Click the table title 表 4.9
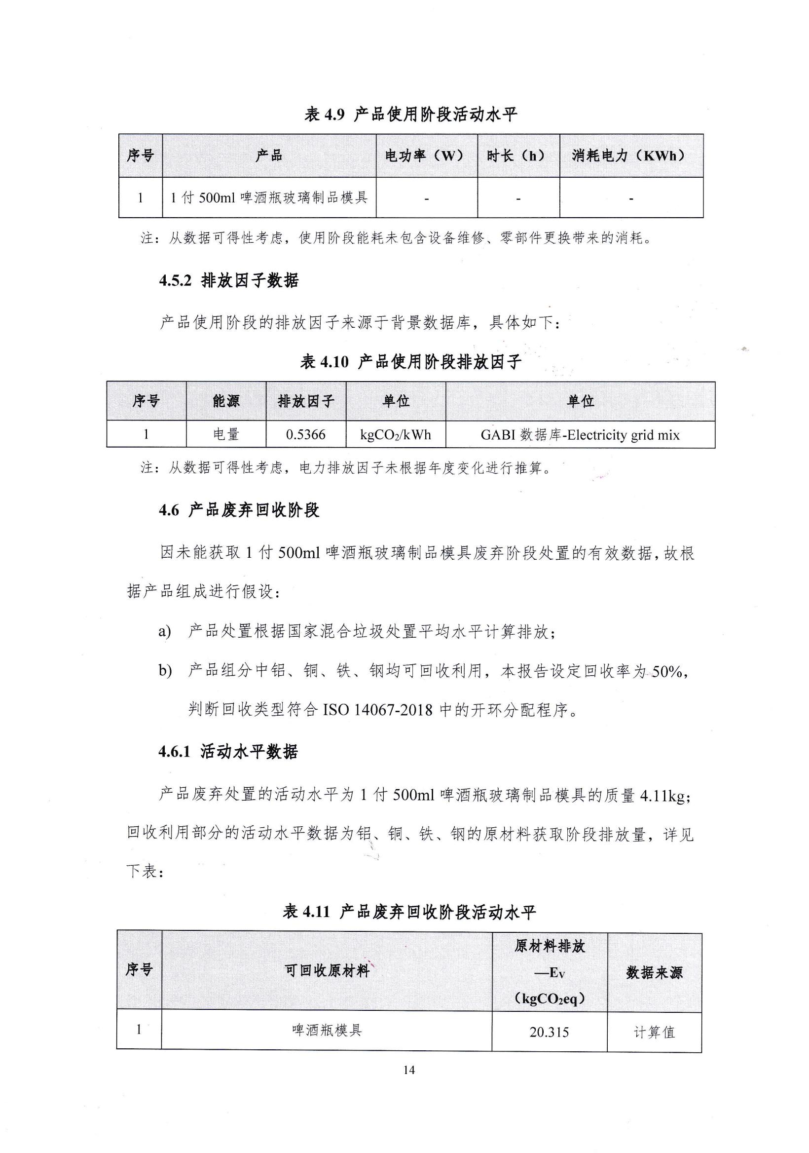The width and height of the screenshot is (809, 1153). [410, 115]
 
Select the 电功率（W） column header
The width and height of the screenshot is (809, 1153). [426, 155]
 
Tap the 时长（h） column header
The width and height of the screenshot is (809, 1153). [517, 155]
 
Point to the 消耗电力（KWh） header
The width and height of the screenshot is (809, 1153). [630, 155]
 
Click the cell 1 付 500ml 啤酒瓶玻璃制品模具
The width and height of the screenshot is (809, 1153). [269, 198]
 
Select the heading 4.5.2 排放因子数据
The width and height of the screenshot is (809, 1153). [229, 280]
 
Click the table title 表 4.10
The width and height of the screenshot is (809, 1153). [410, 362]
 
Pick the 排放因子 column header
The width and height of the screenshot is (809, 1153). [306, 401]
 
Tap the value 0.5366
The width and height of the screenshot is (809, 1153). [306, 434]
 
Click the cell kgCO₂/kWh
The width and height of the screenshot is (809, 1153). [396, 434]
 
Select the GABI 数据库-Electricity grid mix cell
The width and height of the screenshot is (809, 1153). [580, 435]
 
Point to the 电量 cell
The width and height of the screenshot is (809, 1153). [226, 434]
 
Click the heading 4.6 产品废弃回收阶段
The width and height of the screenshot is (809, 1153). [239, 511]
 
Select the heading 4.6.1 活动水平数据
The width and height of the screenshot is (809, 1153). [228, 752]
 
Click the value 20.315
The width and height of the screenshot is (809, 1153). [549, 1033]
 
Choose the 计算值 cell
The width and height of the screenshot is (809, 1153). [654, 1033]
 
